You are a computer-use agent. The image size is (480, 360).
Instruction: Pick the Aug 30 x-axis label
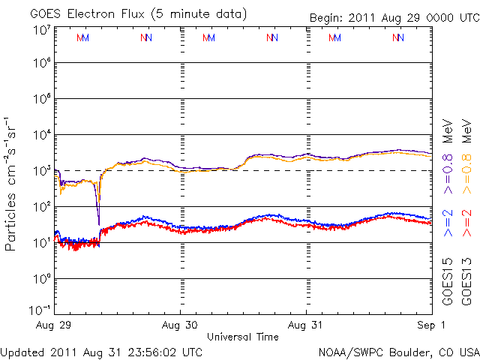point(180,325)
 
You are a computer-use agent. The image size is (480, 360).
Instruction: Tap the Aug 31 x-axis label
point(306,325)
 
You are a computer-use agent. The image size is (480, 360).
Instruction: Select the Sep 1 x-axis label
point(432,325)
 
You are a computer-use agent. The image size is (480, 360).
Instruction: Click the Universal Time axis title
point(243,337)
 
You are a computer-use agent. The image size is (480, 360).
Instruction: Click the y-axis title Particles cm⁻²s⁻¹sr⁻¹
point(13,184)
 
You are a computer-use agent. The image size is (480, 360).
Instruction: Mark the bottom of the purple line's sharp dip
point(99,223)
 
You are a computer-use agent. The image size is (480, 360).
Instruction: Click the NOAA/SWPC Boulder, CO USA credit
point(398,352)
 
